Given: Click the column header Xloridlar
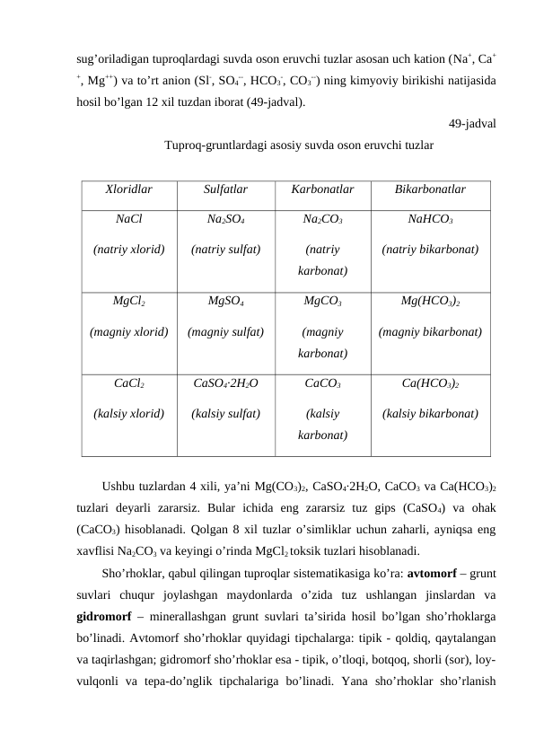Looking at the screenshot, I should pyautogui.click(x=128, y=190).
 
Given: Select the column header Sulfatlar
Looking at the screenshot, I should pyautogui.click(x=226, y=190).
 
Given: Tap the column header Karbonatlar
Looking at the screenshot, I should pyautogui.click(x=322, y=190).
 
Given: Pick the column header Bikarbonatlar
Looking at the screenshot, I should pyautogui.click(x=430, y=190).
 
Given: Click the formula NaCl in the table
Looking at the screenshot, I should pyautogui.click(x=128, y=218).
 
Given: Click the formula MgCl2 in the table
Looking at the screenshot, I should pyautogui.click(x=128, y=302).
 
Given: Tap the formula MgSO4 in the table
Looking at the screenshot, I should pyautogui.click(x=226, y=302).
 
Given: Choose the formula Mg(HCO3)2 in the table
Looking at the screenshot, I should pyautogui.click(x=430, y=302).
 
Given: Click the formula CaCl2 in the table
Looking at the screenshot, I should pyautogui.click(x=128, y=383).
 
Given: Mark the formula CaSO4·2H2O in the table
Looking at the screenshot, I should pyautogui.click(x=226, y=384).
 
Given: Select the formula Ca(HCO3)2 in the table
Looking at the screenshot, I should pyautogui.click(x=430, y=384).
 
